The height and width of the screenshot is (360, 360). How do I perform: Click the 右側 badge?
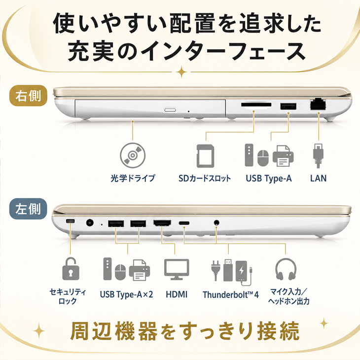(x=28, y=96)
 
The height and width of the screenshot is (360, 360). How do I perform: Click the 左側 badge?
(x=28, y=209)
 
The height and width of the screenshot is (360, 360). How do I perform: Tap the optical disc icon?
(x=133, y=155)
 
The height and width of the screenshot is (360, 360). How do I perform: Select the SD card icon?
(x=206, y=156)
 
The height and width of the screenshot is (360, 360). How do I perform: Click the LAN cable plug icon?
(x=318, y=156)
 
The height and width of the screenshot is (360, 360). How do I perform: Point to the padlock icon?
(x=71, y=269)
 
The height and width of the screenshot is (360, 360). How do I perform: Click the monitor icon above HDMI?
(x=177, y=270)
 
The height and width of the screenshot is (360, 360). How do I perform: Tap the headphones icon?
(x=286, y=269)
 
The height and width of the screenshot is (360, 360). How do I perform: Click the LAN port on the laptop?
(x=318, y=105)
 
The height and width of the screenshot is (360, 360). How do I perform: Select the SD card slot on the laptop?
(x=256, y=105)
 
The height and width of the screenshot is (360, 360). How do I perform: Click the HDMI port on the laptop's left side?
(x=162, y=223)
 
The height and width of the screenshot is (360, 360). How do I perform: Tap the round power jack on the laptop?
(x=90, y=222)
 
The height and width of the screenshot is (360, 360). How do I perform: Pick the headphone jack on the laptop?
(x=216, y=222)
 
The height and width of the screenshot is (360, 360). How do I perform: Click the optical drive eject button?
(x=170, y=110)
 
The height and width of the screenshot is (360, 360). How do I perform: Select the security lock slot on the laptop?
(x=70, y=221)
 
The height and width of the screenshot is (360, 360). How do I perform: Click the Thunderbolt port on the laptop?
(x=184, y=223)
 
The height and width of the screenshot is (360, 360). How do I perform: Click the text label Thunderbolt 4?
(x=231, y=294)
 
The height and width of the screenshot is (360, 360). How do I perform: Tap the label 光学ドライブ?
(x=133, y=178)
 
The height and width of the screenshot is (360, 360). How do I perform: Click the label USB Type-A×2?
(x=127, y=294)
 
